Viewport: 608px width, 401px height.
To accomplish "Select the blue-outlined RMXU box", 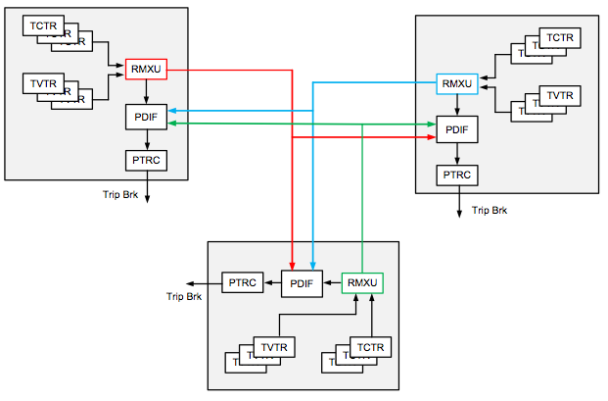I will click(456, 83).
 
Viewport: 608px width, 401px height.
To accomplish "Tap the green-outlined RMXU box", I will click(362, 283).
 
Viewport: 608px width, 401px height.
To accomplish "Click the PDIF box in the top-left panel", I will click(147, 118).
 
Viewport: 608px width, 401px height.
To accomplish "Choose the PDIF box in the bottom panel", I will click(302, 283).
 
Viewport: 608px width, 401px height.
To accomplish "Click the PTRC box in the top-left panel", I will click(147, 159).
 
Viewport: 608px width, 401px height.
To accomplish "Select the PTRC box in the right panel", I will click(456, 175).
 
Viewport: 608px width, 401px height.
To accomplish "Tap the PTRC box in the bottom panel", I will click(242, 283).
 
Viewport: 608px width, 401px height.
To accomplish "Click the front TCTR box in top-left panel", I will click(43, 25).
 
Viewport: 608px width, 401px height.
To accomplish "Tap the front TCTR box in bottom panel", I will click(370, 347).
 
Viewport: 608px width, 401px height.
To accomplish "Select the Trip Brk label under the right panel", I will click(490, 210).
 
